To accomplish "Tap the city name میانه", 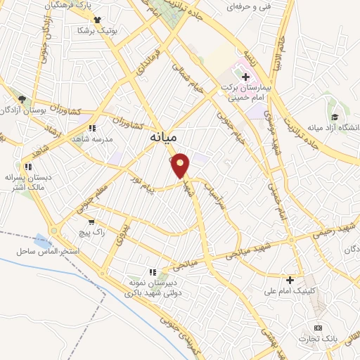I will [169, 139].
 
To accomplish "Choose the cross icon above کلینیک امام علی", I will [289, 279].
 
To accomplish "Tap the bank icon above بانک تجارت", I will [318, 328].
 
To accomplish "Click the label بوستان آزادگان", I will [26, 110].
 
